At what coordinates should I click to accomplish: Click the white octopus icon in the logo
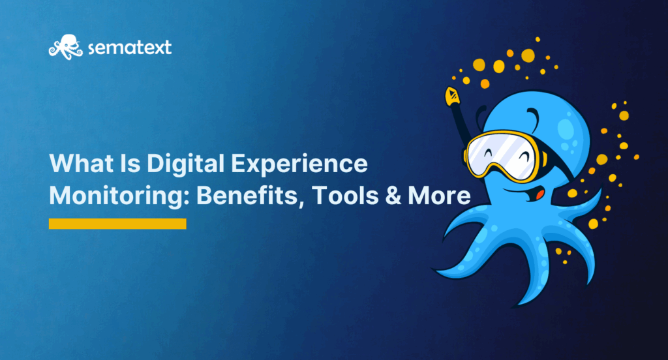point(66,47)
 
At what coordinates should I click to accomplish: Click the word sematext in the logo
point(130,48)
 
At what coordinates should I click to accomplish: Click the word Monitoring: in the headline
point(119,196)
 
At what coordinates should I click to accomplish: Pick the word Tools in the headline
point(345,196)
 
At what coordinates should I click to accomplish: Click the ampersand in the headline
point(393,196)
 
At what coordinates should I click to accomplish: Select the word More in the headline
point(439,196)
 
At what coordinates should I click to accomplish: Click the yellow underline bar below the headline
point(117,224)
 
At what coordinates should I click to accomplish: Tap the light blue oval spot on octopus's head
point(566,128)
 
